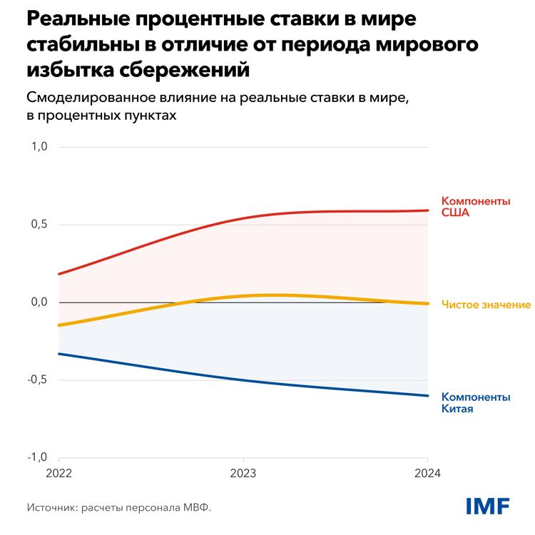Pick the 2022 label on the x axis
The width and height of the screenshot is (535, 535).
[x=59, y=474]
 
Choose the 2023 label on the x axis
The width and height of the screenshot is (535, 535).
[x=243, y=474]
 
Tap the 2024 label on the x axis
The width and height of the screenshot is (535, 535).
[x=427, y=474]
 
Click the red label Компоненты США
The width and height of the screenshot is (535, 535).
[x=476, y=206]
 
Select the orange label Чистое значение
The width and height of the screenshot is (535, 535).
[x=486, y=305]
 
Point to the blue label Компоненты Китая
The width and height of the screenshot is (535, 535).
[x=476, y=403]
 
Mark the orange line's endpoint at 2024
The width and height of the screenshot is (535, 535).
[x=427, y=303]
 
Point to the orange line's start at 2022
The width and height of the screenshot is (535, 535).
[x=59, y=325]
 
